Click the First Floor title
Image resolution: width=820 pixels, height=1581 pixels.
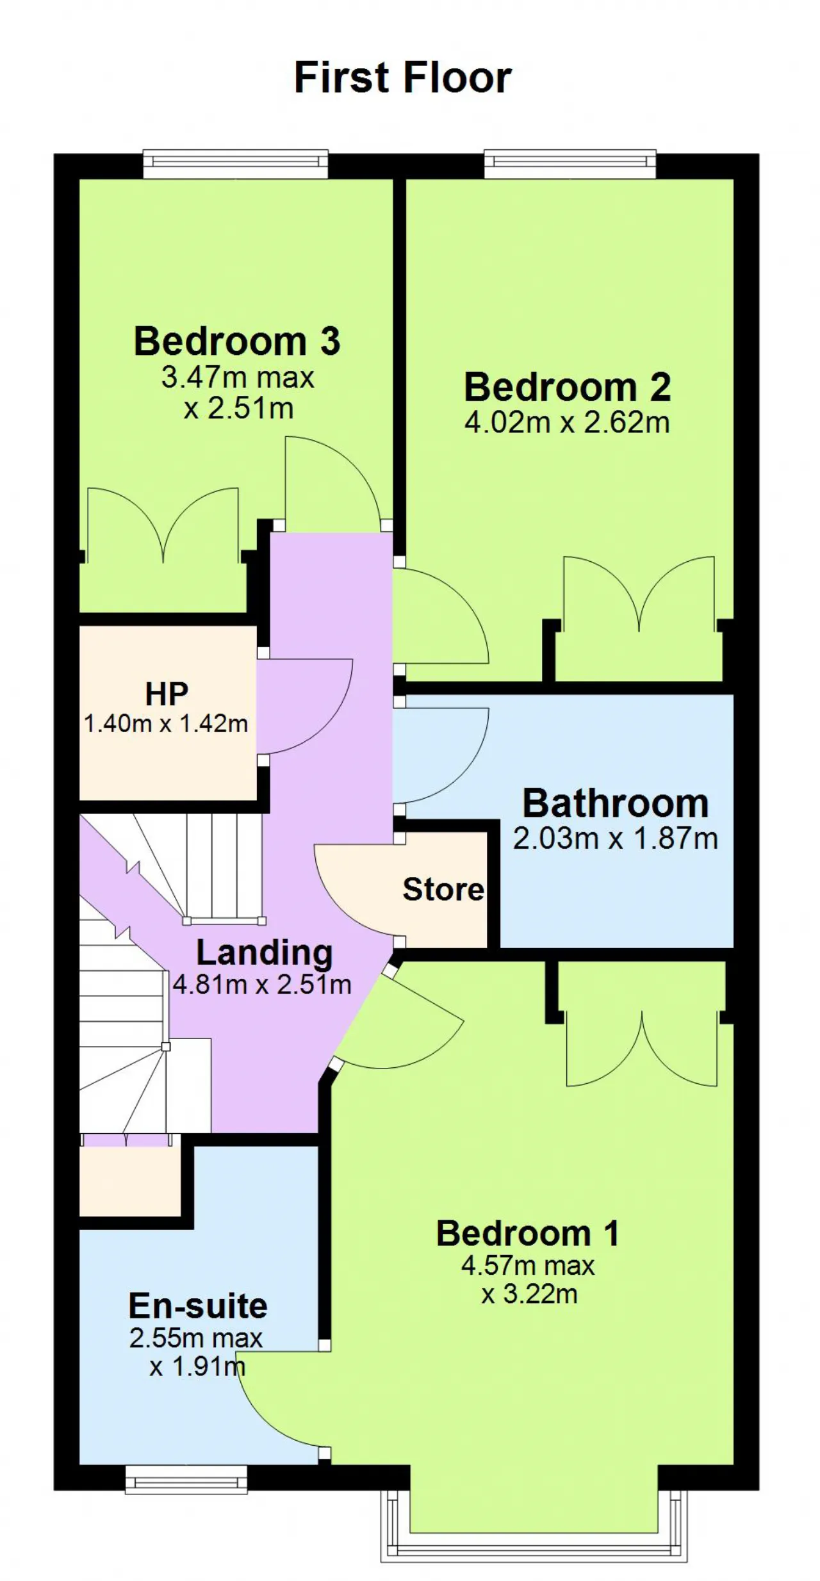[x=402, y=78]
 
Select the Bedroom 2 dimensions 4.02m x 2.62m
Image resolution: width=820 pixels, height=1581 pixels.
[x=567, y=423]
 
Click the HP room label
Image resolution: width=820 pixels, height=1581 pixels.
[x=167, y=694]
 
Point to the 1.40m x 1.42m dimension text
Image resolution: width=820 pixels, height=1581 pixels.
[x=166, y=724]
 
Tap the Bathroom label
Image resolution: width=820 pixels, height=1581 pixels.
[x=616, y=803]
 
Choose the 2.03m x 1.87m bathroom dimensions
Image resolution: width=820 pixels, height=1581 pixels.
[x=615, y=839]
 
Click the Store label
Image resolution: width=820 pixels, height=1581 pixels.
[x=443, y=890]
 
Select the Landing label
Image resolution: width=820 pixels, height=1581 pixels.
[x=264, y=954]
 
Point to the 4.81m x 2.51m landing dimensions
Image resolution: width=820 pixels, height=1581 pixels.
[x=262, y=985]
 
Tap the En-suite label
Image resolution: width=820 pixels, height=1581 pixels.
[x=197, y=1307]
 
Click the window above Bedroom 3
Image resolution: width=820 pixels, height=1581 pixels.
[x=235, y=164]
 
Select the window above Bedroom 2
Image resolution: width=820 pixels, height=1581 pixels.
[x=570, y=164]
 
